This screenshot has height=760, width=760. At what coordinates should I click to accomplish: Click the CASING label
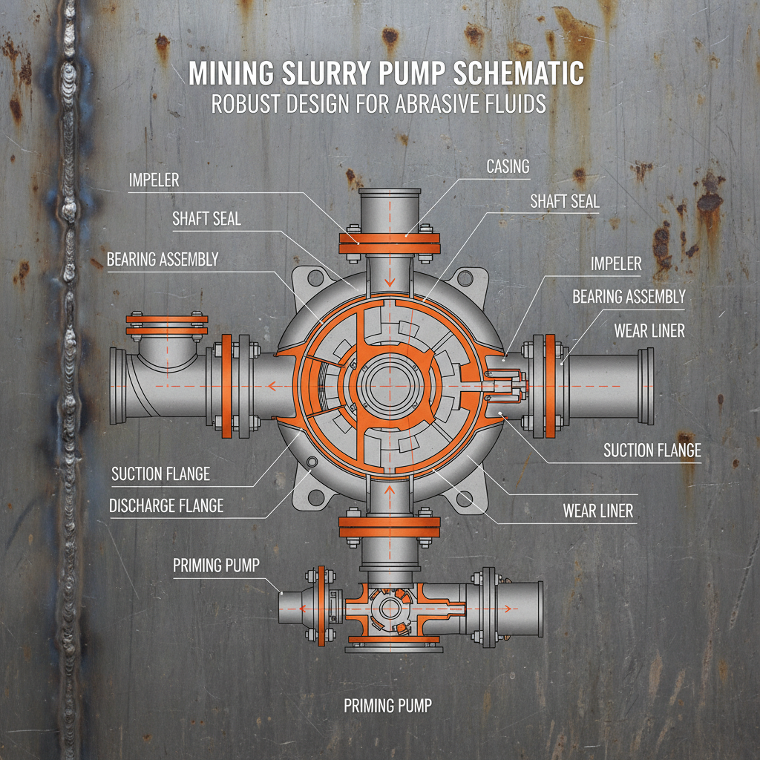(508, 166)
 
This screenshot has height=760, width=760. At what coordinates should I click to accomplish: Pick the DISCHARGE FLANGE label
(166, 506)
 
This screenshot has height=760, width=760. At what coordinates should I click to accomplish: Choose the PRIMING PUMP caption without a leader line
(387, 705)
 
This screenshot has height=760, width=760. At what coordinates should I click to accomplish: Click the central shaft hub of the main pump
(387, 386)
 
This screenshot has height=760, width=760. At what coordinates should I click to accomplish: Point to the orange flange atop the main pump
(390, 243)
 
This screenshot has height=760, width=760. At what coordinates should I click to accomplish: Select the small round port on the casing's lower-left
(312, 462)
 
